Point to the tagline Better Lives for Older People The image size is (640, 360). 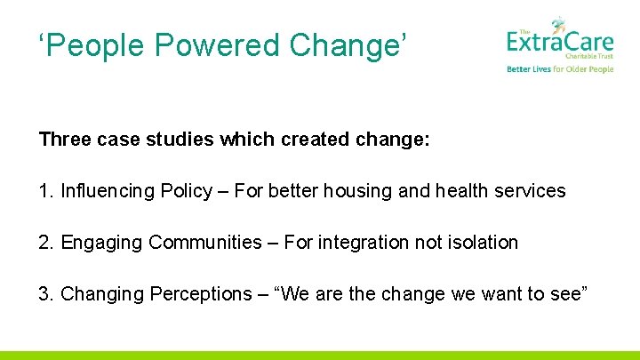coord(560,69)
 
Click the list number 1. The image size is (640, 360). coord(45,191)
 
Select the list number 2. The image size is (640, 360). coord(45,243)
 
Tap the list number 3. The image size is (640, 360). coord(45,294)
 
